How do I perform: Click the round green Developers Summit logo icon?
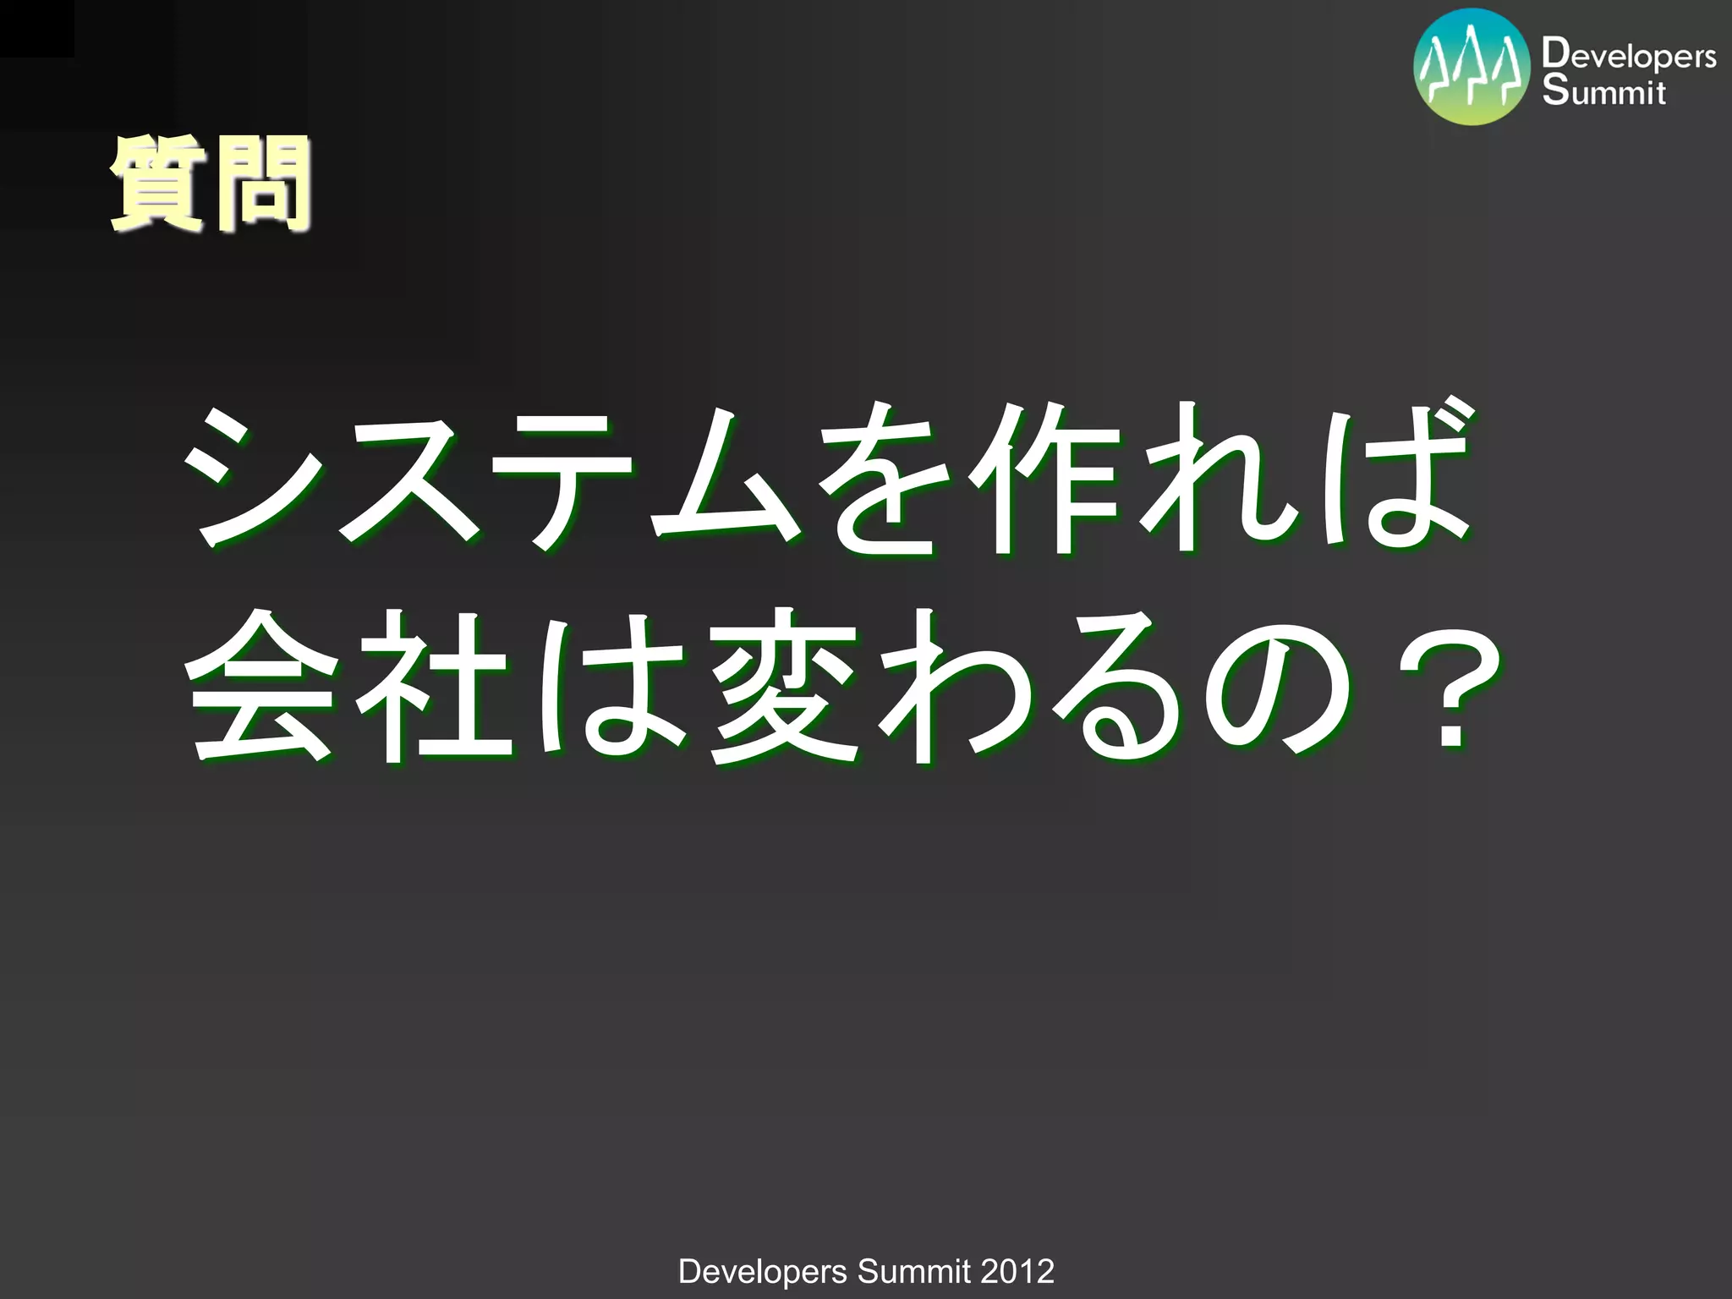click(1472, 67)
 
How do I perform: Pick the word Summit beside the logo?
click(1603, 91)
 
